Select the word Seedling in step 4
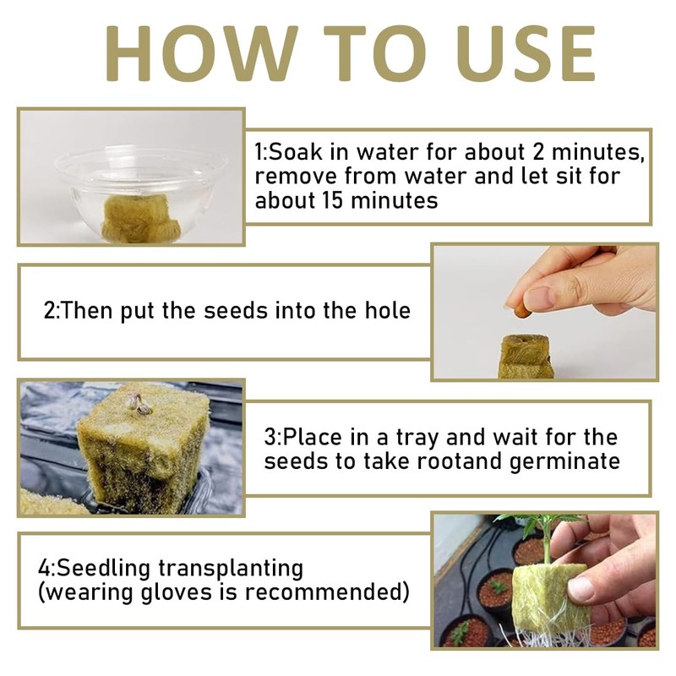[102, 568]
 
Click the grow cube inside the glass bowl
[139, 218]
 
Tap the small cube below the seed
[526, 357]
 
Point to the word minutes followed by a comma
[597, 152]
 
